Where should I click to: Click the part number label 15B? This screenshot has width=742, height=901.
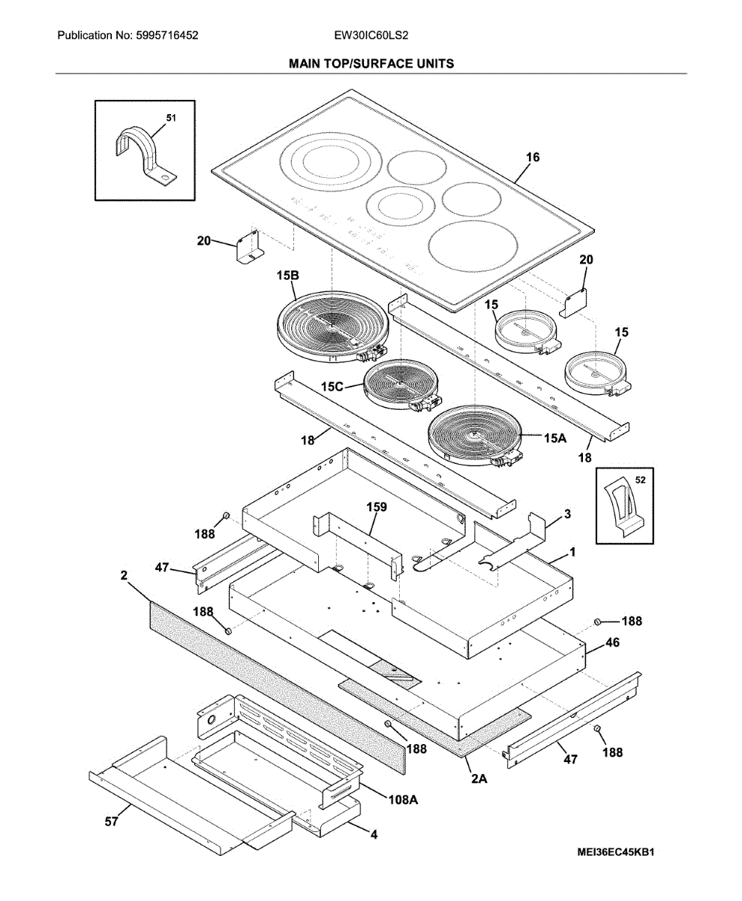(287, 276)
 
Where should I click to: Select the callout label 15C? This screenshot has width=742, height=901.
(332, 386)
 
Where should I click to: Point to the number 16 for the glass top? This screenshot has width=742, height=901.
(533, 158)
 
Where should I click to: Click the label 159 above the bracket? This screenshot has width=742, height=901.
(377, 507)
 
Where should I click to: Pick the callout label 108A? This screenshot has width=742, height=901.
(403, 800)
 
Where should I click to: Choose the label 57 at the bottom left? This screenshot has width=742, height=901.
(111, 822)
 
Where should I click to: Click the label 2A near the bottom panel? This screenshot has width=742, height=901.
(479, 779)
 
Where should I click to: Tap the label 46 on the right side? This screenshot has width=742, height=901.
(613, 643)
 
